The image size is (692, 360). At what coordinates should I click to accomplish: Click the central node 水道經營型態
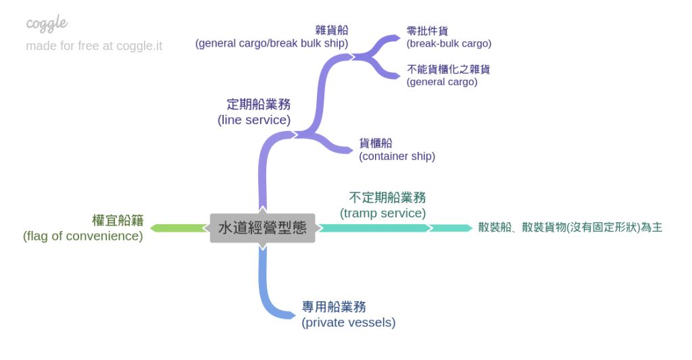(262, 228)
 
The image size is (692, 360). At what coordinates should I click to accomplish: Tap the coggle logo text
(47, 24)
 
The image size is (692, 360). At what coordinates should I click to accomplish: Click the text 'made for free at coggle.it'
(94, 46)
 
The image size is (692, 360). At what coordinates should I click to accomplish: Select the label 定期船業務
(258, 105)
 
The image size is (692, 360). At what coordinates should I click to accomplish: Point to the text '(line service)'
(254, 120)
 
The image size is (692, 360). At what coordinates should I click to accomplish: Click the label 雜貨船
(332, 30)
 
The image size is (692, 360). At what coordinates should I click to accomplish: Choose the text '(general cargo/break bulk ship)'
(272, 43)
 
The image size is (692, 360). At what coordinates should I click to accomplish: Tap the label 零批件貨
(427, 31)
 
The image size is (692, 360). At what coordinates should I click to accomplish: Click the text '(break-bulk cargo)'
(449, 43)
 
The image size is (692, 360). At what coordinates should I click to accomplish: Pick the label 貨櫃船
(376, 143)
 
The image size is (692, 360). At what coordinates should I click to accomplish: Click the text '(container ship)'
(397, 156)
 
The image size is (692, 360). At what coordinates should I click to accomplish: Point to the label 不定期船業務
(387, 198)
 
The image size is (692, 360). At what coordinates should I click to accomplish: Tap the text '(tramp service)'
(383, 213)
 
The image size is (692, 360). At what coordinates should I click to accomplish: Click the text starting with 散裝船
(570, 228)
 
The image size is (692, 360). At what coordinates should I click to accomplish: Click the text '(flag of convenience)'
(83, 236)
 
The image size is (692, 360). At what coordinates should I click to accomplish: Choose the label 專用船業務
(334, 307)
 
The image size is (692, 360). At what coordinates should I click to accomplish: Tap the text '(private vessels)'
(348, 322)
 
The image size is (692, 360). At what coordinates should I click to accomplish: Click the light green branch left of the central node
(178, 228)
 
